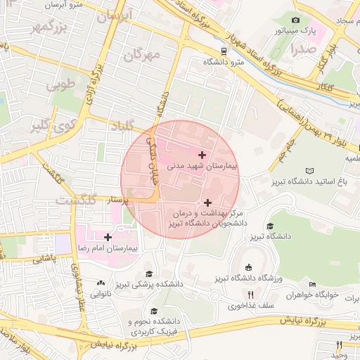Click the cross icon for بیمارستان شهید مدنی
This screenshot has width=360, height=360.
[202, 154]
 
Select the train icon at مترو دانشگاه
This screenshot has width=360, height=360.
[224, 51]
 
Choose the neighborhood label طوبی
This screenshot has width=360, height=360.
[61, 86]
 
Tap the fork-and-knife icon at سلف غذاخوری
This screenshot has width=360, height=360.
[250, 294]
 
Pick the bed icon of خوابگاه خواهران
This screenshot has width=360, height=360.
[312, 284]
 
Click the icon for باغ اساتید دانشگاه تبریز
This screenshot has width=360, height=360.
[310, 170]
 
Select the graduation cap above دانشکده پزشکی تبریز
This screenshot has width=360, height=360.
[148, 273]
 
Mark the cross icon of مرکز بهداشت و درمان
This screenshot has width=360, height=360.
[207, 202]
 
